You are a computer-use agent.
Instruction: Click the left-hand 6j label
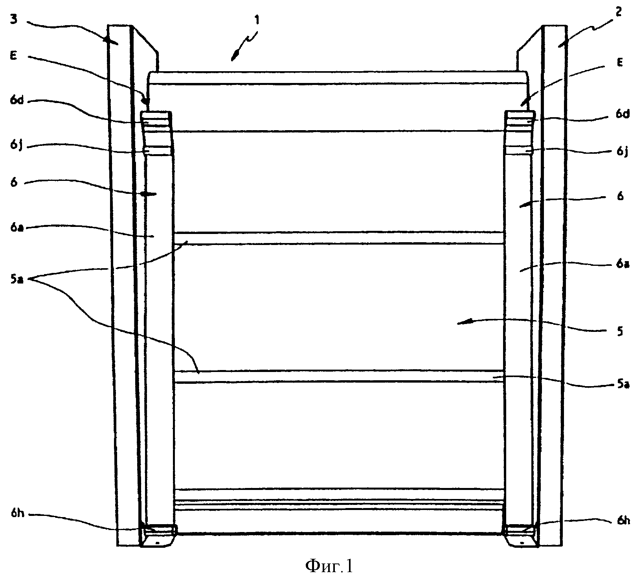coord(16,146)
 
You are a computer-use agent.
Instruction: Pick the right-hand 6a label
coord(623,264)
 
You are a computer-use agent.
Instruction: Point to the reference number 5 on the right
coord(620,331)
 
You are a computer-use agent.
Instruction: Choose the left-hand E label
coord(14,56)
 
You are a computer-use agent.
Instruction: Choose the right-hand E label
coord(620,63)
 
